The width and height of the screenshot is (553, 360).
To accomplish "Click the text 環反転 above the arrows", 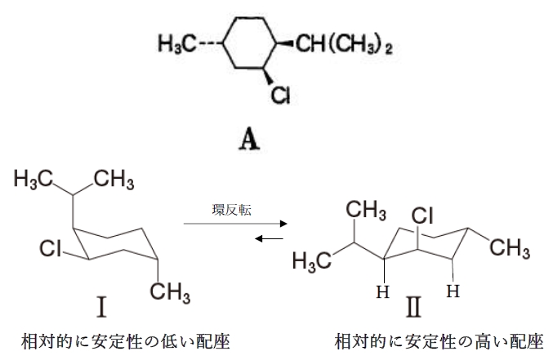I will pyautogui.click(x=234, y=210).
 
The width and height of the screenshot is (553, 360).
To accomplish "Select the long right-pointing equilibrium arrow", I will pyautogui.click(x=235, y=223).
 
